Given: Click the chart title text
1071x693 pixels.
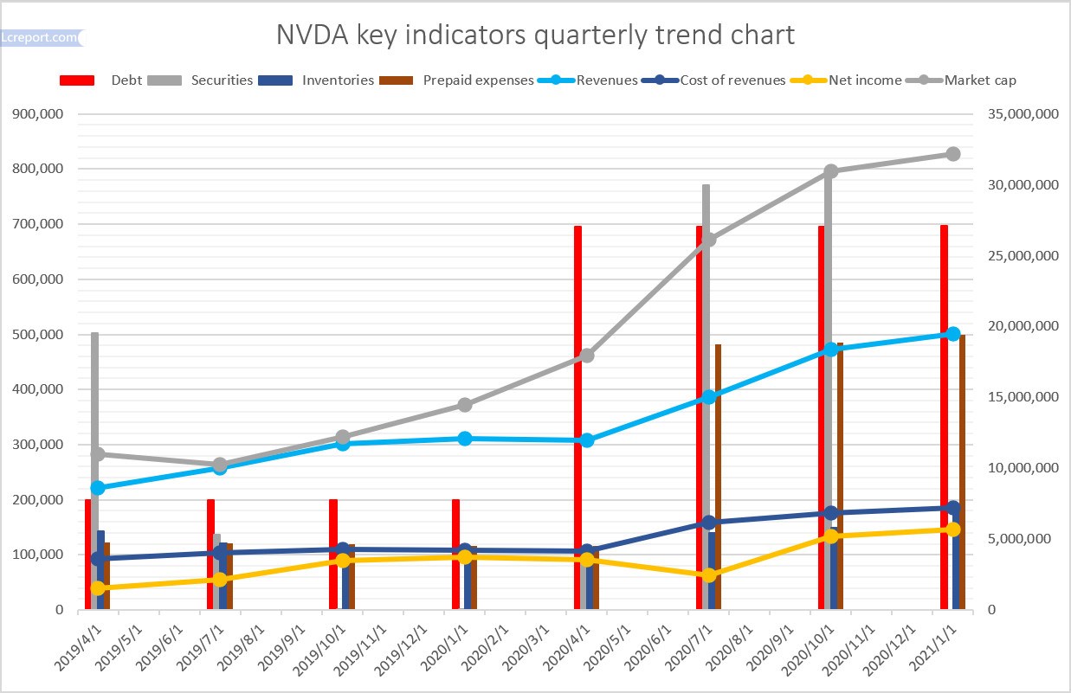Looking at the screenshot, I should click(x=535, y=35).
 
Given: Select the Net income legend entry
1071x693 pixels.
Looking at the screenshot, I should click(x=865, y=80).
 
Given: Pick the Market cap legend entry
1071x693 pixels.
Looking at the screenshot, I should click(x=979, y=80).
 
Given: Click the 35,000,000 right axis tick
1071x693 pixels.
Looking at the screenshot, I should click(x=1021, y=113).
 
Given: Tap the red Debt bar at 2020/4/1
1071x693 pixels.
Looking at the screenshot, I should click(x=577, y=415).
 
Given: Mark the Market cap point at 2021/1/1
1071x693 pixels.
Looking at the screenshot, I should click(x=952, y=154).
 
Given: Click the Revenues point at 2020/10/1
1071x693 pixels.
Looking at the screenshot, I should click(x=830, y=350).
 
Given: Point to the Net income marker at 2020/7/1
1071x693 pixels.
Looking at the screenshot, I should click(x=708, y=575).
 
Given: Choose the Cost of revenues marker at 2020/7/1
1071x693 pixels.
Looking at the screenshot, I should click(x=708, y=523).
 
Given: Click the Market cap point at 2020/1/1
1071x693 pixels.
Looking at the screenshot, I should click(x=465, y=405).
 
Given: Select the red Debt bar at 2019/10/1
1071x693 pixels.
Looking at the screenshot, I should click(x=333, y=554).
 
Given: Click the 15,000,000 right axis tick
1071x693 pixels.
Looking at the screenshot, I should click(x=1021, y=397).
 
